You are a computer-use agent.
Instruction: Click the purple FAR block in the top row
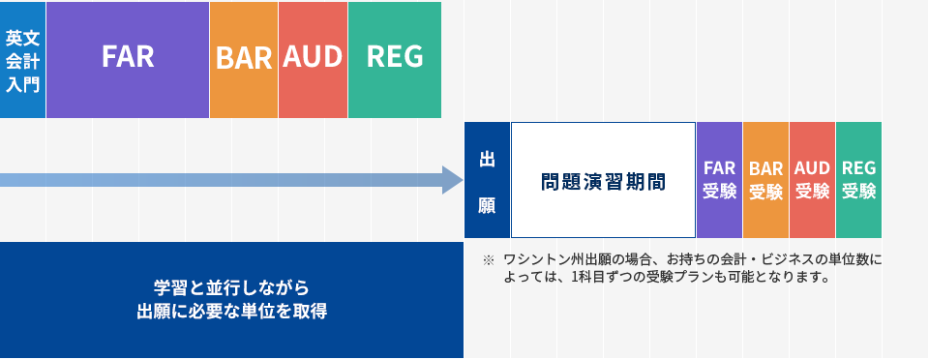[127, 58]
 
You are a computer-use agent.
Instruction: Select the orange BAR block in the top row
[243, 58]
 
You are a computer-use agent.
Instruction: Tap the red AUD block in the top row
[313, 58]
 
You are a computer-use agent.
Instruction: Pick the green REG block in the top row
[394, 58]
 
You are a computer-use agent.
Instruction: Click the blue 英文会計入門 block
[22, 58]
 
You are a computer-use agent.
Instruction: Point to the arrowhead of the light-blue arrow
[453, 180]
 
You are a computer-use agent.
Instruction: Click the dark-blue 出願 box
[487, 180]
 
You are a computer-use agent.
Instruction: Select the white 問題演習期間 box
[603, 180]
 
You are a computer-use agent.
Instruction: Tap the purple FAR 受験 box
[719, 180]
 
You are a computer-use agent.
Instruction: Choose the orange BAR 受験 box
[765, 180]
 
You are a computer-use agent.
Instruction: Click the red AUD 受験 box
[812, 180]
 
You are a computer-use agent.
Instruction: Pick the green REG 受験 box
[858, 180]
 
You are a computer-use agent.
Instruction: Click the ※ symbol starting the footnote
[488, 260]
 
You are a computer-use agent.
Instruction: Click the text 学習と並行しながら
[231, 287]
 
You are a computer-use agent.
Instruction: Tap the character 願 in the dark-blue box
[487, 204]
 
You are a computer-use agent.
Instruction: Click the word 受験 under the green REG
[858, 192]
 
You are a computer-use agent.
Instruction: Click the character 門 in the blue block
[31, 83]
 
